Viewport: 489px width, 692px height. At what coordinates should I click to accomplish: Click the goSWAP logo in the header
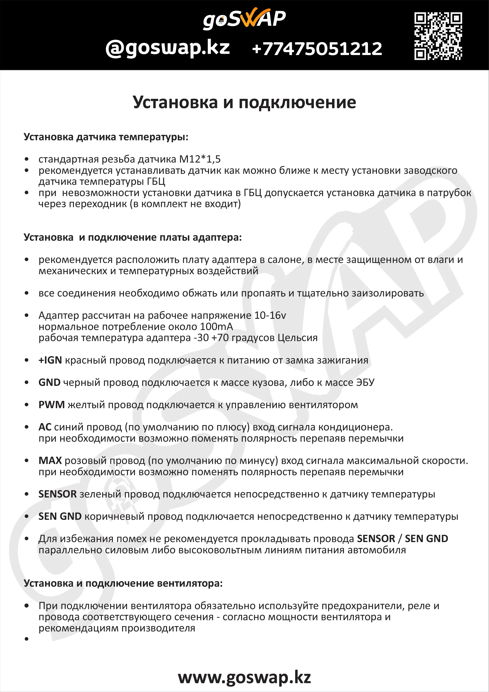point(244,19)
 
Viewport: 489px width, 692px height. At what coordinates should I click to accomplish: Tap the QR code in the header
point(438,36)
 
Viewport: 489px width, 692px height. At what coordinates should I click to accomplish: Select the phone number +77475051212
point(317,49)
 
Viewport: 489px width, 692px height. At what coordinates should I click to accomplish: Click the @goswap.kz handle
point(168,48)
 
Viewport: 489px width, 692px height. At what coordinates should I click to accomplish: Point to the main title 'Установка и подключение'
point(244,102)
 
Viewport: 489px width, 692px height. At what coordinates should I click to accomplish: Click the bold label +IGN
point(50,360)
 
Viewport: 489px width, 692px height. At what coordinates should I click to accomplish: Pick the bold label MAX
point(50,461)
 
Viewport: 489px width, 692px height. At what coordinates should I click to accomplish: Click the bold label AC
point(45,427)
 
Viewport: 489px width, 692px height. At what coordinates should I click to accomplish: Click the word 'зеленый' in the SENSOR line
point(100,494)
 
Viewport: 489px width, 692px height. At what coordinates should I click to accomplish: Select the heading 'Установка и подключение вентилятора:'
point(123,584)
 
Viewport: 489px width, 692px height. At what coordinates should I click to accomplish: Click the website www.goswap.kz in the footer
point(244,678)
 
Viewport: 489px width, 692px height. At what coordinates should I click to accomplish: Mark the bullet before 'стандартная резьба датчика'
point(27,159)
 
